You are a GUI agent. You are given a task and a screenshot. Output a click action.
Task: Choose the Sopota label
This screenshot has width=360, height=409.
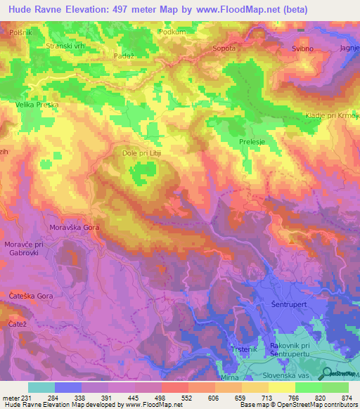tap(224, 48)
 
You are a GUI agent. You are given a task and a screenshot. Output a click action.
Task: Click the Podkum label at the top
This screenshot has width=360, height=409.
tap(172, 32)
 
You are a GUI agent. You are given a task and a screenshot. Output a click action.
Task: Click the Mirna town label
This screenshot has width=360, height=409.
tap(230, 377)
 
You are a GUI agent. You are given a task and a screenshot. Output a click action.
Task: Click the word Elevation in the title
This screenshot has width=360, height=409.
tap(90, 9)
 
